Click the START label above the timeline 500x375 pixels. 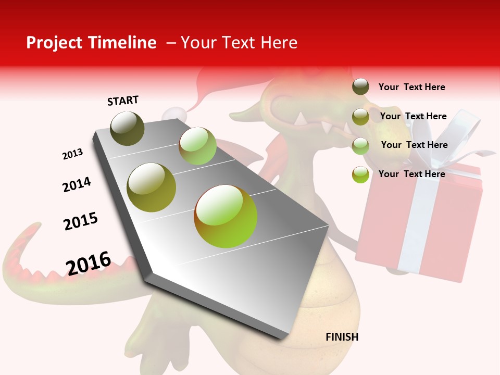click(x=123, y=101)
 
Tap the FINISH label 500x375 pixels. click(x=342, y=337)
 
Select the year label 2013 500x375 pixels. click(x=72, y=154)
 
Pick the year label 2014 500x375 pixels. click(x=77, y=184)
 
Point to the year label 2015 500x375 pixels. click(x=81, y=221)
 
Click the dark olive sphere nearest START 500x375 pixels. click(x=128, y=128)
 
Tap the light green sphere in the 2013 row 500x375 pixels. click(x=197, y=146)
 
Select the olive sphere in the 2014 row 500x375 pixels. click(x=152, y=187)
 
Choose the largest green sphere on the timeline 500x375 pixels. click(x=226, y=216)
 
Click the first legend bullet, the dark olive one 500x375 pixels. click(x=360, y=87)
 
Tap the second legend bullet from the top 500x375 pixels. click(x=360, y=117)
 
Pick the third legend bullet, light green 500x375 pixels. click(x=360, y=146)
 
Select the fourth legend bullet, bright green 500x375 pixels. click(x=360, y=174)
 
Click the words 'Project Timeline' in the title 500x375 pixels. click(x=91, y=43)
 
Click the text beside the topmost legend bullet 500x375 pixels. click(x=411, y=87)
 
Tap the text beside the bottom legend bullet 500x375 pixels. click(x=411, y=174)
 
